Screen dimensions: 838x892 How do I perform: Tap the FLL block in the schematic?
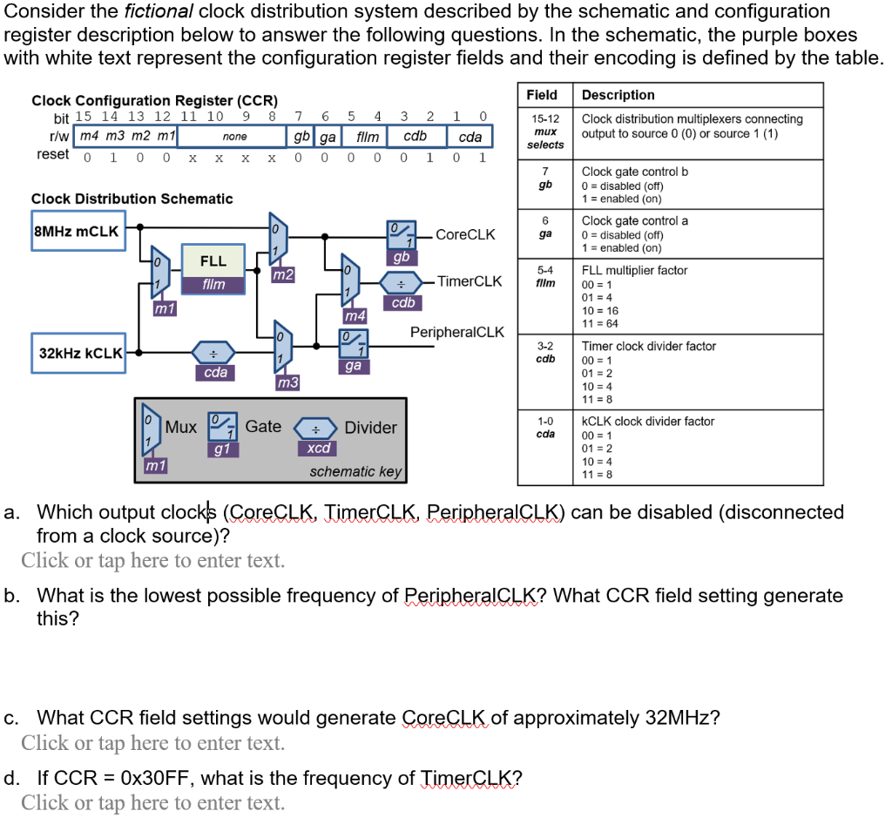point(213,261)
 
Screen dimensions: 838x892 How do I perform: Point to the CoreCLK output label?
point(465,234)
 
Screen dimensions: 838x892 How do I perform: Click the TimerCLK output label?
point(470,280)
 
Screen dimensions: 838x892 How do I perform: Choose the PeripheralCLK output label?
point(457,333)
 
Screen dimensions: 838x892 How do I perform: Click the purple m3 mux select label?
point(287,382)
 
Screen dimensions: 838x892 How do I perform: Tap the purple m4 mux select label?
point(355,314)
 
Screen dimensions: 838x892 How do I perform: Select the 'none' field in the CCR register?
point(234,137)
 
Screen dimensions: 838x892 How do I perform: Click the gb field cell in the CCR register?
point(301,137)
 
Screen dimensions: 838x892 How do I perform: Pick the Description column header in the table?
point(618,95)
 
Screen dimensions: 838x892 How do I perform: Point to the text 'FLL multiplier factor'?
point(634,271)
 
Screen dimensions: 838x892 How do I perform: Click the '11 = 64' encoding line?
point(600,324)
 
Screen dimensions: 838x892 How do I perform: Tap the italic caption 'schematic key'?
point(355,471)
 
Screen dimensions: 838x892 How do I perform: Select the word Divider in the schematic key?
point(370,428)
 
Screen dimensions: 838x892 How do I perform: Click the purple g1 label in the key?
point(222,449)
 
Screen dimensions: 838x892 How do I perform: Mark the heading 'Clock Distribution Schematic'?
point(132,199)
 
